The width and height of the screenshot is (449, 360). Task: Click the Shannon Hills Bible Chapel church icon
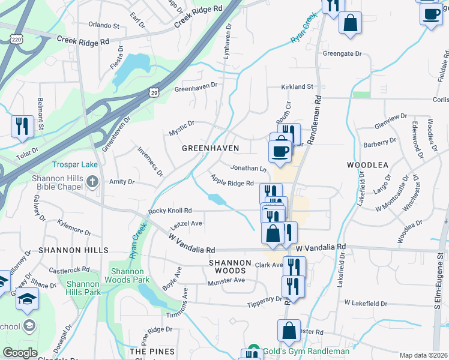(92, 181)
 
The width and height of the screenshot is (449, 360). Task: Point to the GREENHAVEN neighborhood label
(211, 148)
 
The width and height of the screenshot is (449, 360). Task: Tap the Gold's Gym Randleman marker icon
(253, 351)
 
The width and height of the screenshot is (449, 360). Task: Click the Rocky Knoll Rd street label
(170, 211)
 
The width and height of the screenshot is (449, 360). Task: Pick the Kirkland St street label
(298, 87)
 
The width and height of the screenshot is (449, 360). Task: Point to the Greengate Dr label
(343, 53)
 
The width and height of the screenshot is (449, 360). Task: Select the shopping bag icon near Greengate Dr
(351, 23)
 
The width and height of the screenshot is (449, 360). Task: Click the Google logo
(20, 353)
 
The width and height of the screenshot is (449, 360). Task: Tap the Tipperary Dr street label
(264, 300)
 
